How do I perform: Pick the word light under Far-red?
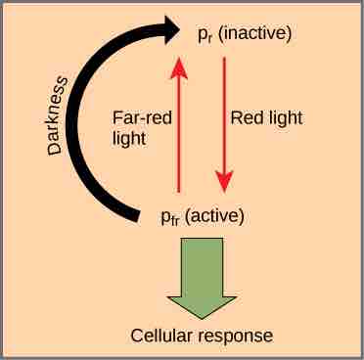coord(129,138)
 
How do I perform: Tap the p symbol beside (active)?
coord(167,216)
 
